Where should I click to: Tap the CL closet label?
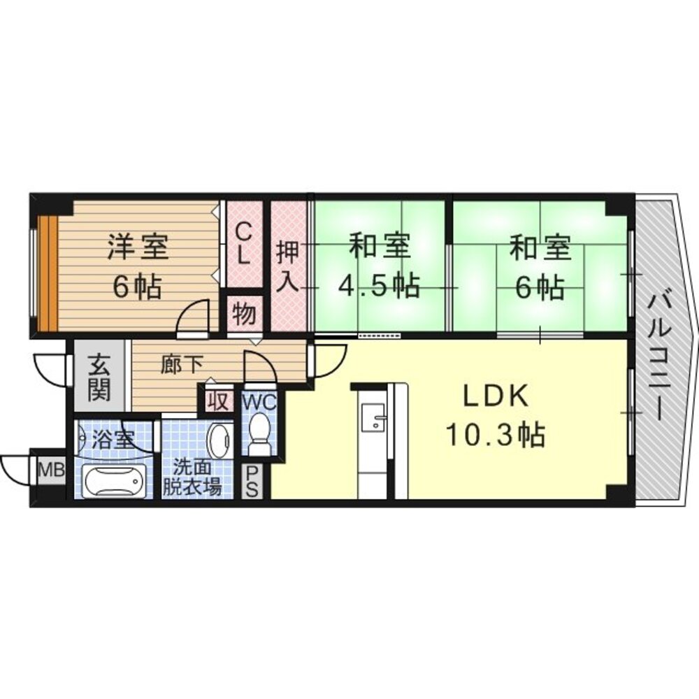click(x=243, y=243)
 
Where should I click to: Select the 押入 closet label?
click(x=288, y=266)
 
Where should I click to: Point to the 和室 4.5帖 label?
click(x=379, y=266)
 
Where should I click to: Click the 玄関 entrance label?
click(x=99, y=377)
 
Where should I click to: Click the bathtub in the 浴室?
click(x=113, y=480)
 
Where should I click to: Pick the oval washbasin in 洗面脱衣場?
click(x=220, y=440)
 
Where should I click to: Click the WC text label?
click(x=259, y=402)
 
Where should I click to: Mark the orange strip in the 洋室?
click(x=45, y=274)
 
